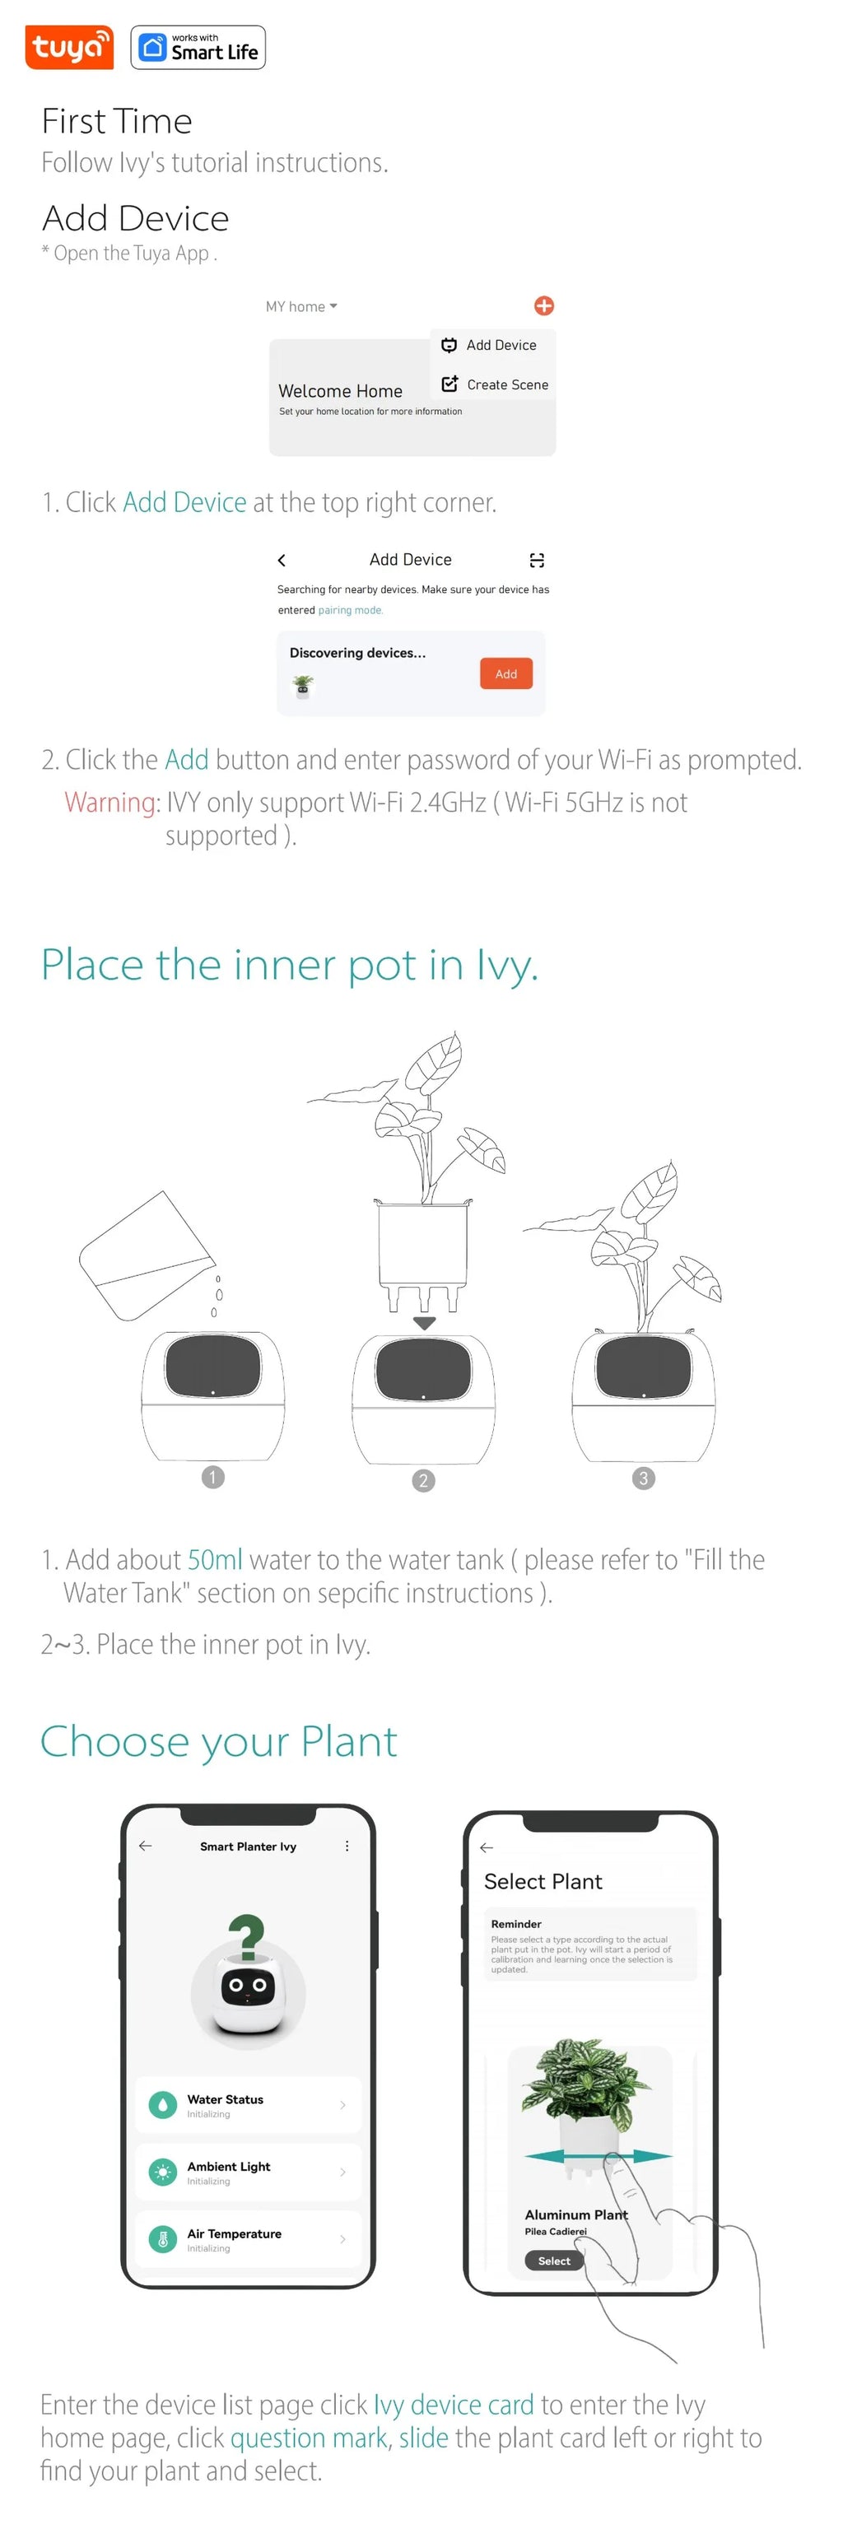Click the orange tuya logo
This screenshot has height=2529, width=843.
coord(68,47)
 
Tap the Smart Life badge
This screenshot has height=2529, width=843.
coord(198,48)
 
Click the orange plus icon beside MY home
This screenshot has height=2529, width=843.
coord(543,305)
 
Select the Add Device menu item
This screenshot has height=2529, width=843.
coord(491,346)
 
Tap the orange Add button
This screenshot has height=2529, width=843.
coord(505,673)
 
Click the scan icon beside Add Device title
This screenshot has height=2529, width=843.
coord(537,560)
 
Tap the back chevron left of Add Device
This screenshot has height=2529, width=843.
coord(282,560)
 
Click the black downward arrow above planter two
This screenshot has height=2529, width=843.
coord(424,1322)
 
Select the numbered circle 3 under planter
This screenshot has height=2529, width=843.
coord(643,1478)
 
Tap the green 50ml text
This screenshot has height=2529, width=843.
coord(214,1559)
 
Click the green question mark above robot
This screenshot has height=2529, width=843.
coord(246,1936)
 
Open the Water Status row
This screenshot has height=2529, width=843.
coord(247,2105)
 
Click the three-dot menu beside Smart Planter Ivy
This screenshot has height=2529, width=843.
coord(347,1846)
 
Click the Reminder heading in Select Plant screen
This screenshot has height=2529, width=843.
coord(516,1923)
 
